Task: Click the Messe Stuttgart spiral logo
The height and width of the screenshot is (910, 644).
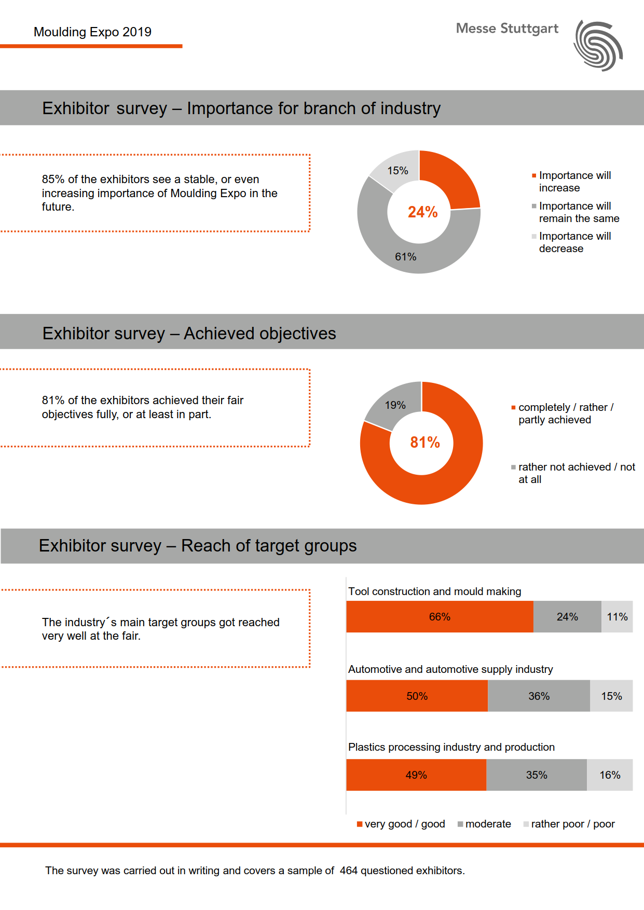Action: [x=598, y=46]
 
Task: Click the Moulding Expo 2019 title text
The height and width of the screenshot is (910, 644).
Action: [x=92, y=32]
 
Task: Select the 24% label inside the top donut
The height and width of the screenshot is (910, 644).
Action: [x=422, y=212]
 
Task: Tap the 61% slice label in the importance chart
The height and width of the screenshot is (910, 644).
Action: [x=405, y=257]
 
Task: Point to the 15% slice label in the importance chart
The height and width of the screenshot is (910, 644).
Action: [x=398, y=171]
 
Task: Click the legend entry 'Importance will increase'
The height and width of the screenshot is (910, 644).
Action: [x=574, y=182]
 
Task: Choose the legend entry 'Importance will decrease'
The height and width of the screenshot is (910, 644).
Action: [x=574, y=242]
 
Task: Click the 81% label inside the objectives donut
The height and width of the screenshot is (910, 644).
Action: [x=424, y=443]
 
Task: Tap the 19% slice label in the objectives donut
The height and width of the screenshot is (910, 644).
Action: [x=395, y=405]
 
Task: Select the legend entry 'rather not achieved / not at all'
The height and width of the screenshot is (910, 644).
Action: [x=576, y=473]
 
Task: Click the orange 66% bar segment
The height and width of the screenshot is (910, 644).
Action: [x=440, y=617]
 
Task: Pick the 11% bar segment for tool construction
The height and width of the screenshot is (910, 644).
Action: [x=617, y=617]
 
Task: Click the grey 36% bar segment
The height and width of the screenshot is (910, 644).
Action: [x=539, y=696]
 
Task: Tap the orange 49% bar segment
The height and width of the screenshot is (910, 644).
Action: [x=416, y=775]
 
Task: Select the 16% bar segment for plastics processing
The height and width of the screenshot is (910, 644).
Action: [x=610, y=775]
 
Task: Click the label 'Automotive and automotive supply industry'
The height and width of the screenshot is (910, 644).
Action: [x=450, y=669]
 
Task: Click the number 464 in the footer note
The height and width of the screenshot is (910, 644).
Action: [x=349, y=871]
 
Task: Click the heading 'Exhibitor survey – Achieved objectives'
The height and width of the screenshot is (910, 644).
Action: [x=189, y=333]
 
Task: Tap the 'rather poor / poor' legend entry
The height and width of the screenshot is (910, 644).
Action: [x=572, y=824]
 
